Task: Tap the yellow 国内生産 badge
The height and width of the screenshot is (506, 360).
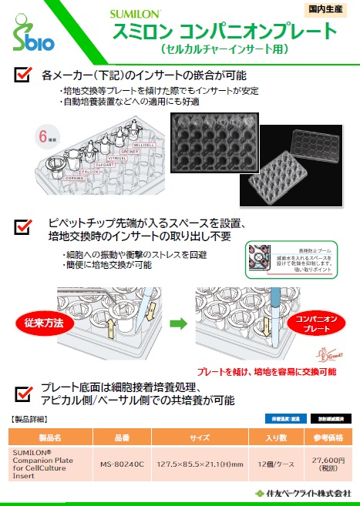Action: [326, 10]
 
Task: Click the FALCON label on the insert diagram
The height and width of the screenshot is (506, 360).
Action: [91, 169]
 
